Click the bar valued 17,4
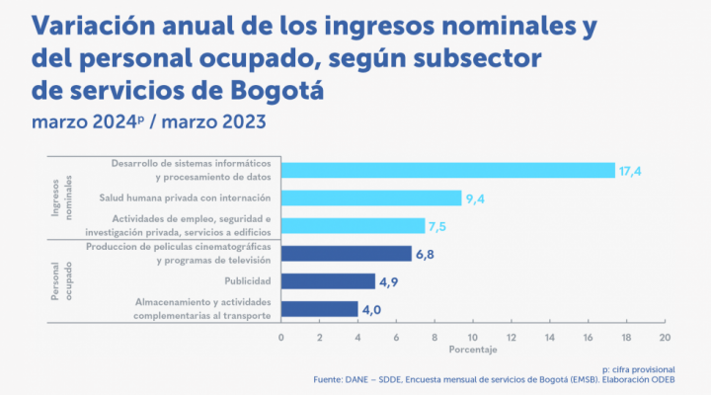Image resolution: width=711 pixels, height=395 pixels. coord(447,170)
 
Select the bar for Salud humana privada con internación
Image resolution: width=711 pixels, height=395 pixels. coord(371,197)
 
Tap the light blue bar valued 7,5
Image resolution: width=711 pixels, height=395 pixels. coord(353,225)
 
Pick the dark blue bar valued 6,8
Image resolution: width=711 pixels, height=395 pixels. coord(346,254)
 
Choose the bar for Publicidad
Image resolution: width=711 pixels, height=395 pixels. coord(328,281)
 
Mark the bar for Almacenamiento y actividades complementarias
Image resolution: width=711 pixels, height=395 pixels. coord(319,309)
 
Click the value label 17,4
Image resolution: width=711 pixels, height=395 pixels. coord(631,171)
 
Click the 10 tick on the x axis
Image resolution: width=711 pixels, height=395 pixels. coord(473,337)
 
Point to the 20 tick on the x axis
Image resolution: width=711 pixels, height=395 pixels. coord(665,337)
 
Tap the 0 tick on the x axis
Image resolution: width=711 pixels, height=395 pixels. coord(281,337)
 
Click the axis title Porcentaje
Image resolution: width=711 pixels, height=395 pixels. coord(472,351)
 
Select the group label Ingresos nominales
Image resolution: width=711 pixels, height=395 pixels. coord(62,196)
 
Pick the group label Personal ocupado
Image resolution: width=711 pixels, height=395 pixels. coord(62,280)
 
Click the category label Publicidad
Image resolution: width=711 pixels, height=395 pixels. coord(249,281)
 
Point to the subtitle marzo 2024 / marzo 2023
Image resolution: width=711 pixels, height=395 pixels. coord(148,123)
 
